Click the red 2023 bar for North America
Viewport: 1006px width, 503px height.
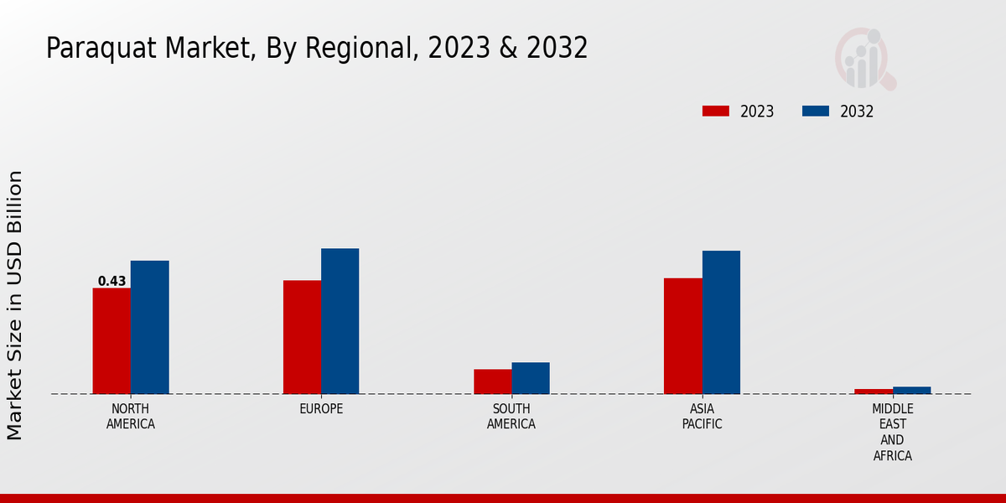111,340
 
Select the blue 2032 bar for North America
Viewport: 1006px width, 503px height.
149,327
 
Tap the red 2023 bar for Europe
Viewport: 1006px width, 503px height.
302,337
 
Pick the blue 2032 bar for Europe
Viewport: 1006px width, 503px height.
340,321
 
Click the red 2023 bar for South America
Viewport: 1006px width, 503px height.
492,381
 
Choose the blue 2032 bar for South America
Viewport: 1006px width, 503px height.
531,378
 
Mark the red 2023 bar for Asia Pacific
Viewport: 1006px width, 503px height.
682,335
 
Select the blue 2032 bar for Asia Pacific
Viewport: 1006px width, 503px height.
721,322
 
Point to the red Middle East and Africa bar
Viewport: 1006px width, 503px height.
874,392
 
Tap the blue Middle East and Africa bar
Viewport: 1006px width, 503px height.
911,390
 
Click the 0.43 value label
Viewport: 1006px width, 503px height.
111,282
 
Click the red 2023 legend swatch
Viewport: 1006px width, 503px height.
716,111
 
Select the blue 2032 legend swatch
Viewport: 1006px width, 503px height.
816,111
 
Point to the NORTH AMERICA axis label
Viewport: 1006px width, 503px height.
131,417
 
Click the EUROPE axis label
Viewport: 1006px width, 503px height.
321,409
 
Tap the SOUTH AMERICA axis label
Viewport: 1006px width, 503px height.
511,417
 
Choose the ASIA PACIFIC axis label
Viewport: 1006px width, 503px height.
702,417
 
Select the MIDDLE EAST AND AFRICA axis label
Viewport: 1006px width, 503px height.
892,433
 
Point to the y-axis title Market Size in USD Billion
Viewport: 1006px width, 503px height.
15,305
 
